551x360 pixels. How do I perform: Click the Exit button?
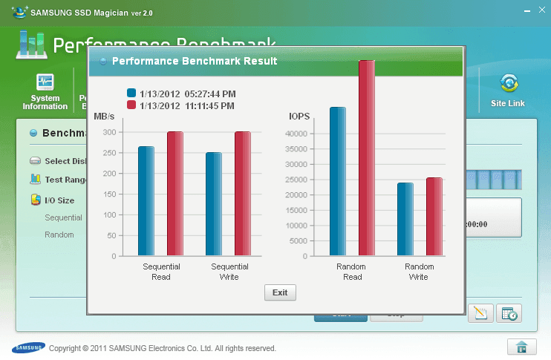point(280,292)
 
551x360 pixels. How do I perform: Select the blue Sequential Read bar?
point(146,201)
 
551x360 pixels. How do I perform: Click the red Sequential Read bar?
point(175,194)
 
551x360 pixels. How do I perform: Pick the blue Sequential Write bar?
point(214,204)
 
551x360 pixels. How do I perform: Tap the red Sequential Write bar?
point(243,194)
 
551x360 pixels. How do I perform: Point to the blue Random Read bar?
point(338,182)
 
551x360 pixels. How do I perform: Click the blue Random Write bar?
point(405,219)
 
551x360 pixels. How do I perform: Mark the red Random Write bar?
point(434,217)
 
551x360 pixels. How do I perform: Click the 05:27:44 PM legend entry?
point(182,94)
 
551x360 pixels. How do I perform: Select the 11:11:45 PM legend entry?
point(182,105)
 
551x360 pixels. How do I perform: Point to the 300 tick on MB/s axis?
point(109,132)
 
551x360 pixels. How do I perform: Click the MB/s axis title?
point(104,117)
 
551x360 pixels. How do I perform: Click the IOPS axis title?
point(299,117)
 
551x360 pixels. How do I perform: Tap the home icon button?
point(522,347)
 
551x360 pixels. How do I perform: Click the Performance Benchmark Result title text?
point(195,61)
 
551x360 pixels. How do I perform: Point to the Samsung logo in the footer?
point(27,347)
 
